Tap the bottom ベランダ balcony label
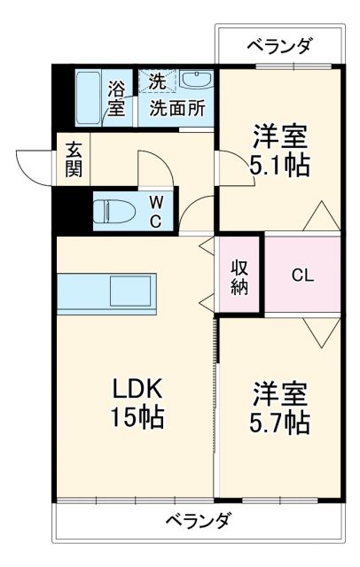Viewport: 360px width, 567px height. coord(199,520)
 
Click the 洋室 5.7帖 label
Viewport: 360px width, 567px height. coord(280,407)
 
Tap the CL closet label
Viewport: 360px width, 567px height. coord(303,274)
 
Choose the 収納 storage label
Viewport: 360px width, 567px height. coord(239,276)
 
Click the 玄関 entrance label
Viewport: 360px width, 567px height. coord(74,160)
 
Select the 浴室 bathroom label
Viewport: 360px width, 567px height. coord(117,97)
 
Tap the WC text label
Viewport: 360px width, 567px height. coord(154,210)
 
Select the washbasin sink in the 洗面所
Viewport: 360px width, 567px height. coord(194,81)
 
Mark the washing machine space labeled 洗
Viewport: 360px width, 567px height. coord(156,80)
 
